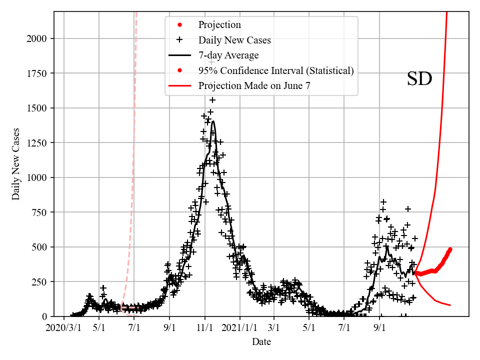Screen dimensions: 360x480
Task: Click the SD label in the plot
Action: click(419, 79)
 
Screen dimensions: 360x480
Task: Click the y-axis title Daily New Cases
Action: click(16, 164)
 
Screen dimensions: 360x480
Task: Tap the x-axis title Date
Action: click(261, 342)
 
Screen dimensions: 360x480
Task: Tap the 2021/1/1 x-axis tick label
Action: click(239, 328)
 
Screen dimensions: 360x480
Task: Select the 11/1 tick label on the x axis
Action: click(204, 328)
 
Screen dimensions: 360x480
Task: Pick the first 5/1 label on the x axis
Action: click(99, 328)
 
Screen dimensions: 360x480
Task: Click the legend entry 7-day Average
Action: click(228, 55)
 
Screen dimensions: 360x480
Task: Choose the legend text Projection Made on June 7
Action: click(254, 86)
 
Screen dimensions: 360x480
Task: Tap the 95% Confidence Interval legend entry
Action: click(275, 70)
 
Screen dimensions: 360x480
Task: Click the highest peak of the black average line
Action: click(213, 121)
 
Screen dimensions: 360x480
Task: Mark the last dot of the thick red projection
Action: click(450, 249)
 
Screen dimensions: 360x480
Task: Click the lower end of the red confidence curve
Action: click(450, 305)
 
